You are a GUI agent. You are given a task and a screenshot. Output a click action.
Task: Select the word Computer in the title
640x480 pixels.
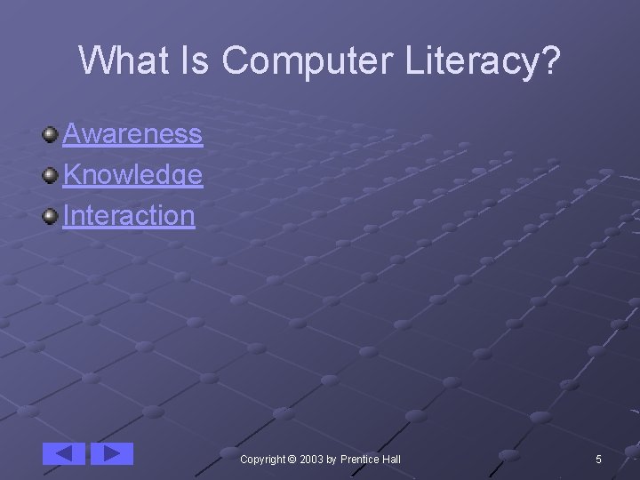305,60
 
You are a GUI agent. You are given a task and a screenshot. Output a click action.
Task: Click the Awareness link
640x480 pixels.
132,134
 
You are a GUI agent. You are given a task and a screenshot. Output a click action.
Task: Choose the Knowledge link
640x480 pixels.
132,175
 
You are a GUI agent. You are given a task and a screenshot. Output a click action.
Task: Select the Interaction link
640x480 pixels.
129,215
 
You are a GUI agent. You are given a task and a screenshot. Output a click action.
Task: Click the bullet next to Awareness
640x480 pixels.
51,134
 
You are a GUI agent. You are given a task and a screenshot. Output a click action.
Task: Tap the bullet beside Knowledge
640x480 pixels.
51,174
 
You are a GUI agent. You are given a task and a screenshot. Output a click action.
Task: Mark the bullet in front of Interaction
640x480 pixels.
51,214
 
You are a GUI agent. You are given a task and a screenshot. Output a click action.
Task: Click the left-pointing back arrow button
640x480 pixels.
64,453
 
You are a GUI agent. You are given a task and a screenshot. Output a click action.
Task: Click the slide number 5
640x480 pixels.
598,459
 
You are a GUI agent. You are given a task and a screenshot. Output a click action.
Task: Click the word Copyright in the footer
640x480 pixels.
263,459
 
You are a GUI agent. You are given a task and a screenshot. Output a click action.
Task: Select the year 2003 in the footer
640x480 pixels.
312,459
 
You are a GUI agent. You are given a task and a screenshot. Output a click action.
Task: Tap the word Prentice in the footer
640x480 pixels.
360,459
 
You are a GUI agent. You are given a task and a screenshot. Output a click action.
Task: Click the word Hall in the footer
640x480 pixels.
391,459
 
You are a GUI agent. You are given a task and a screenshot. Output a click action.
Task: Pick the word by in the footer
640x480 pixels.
332,459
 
